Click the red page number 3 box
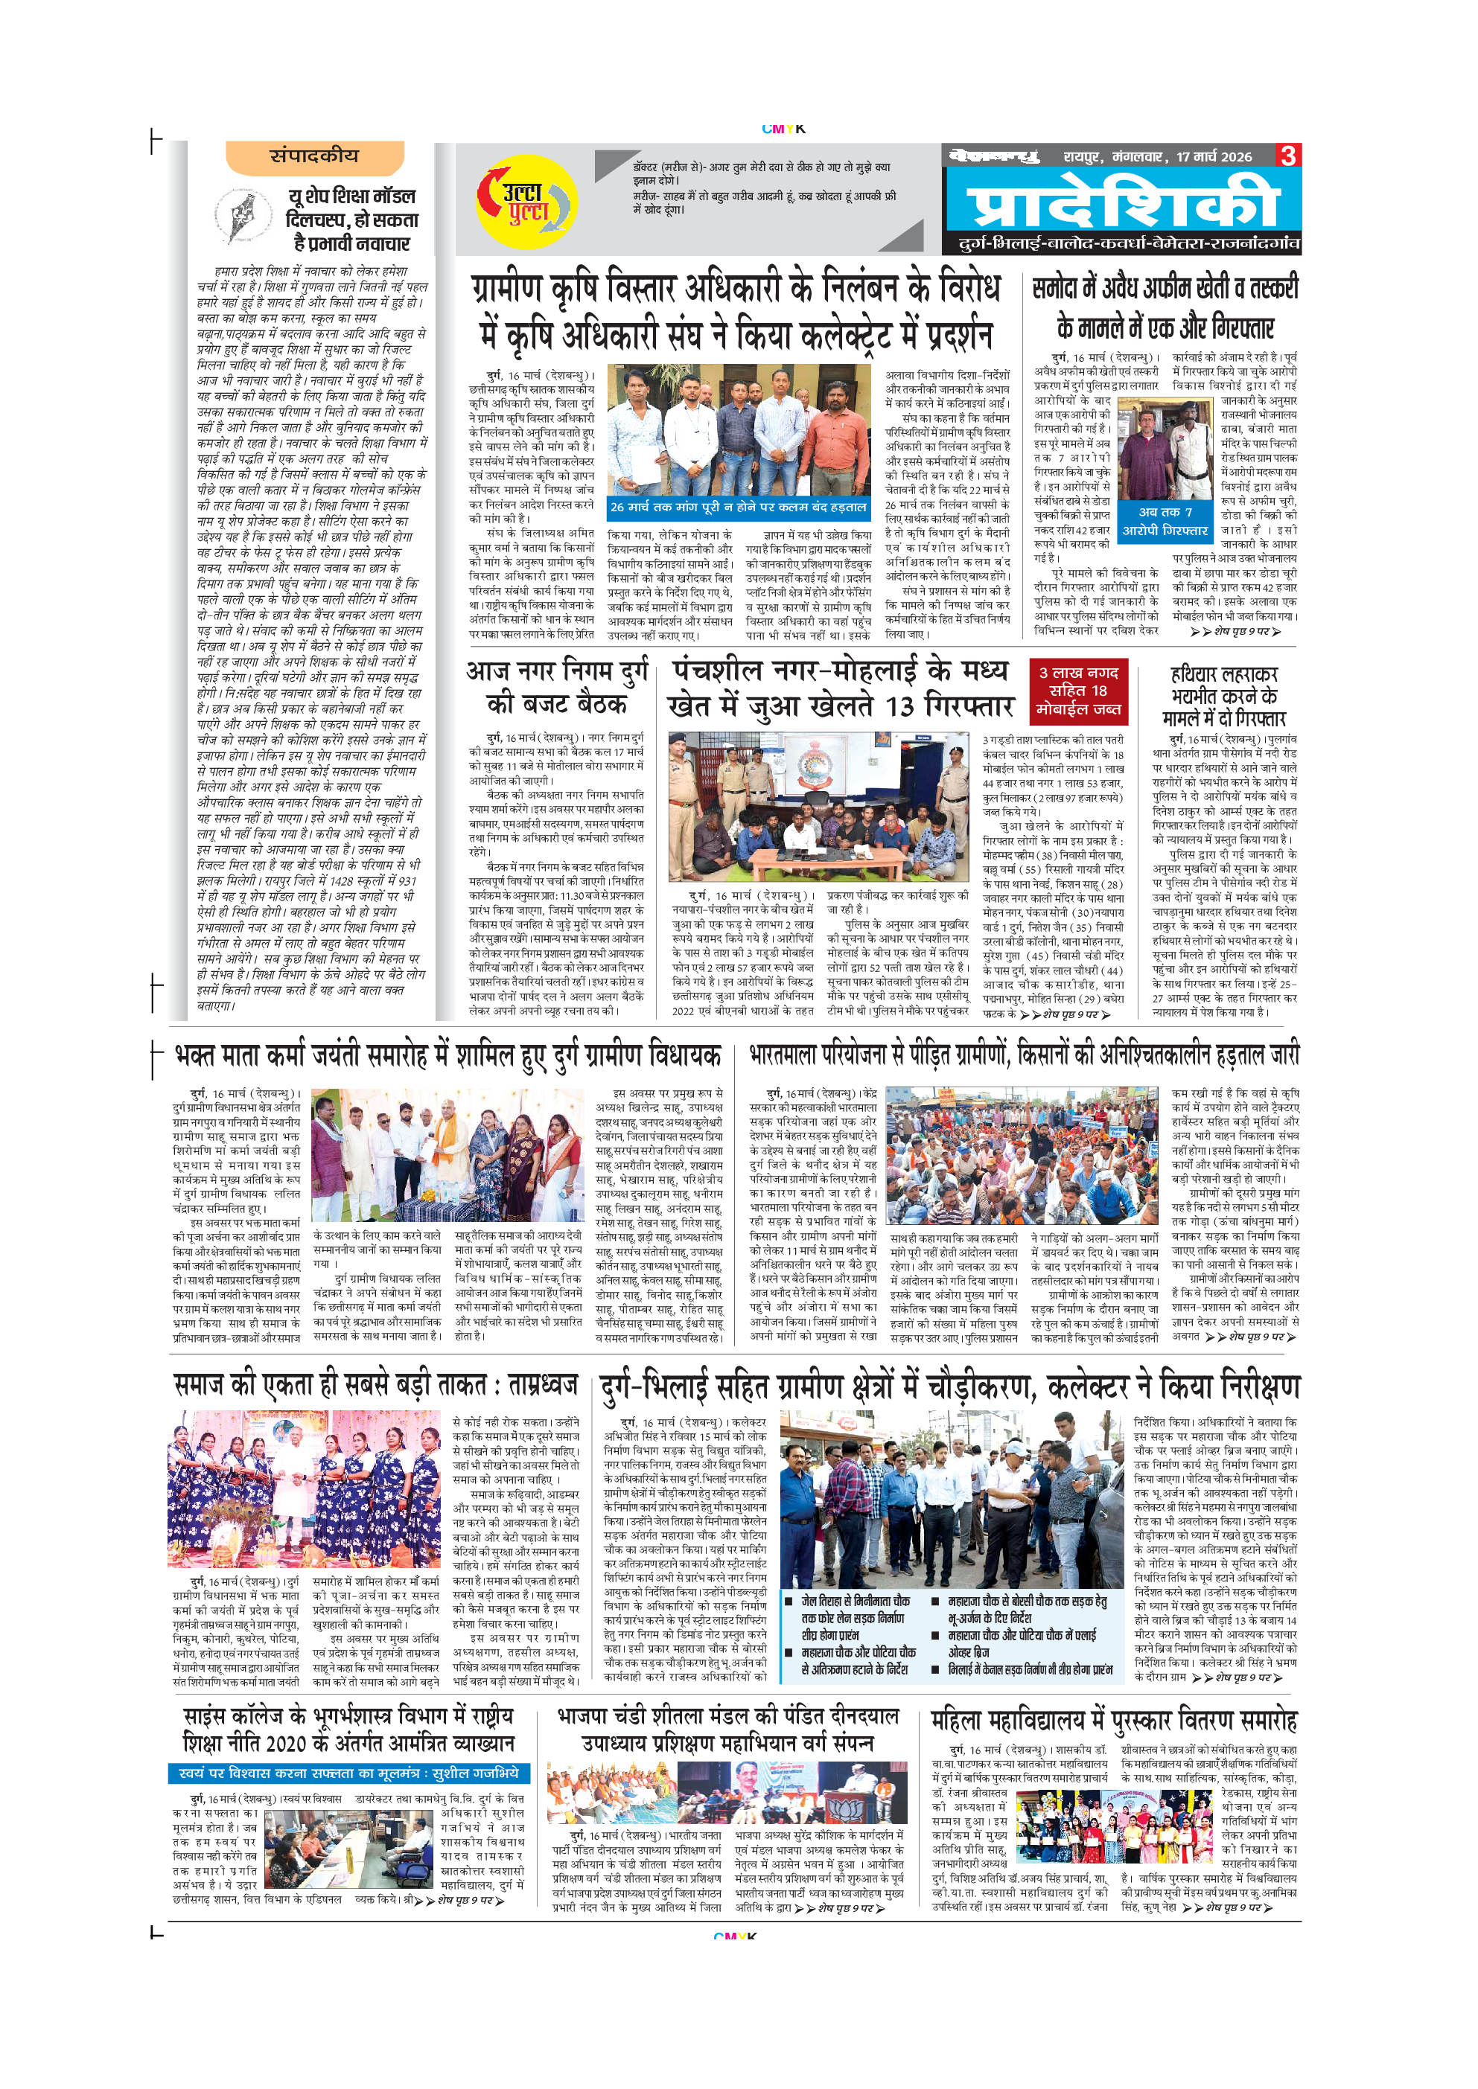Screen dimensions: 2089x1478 pos(1288,156)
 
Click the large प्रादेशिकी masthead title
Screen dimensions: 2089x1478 pos(1122,207)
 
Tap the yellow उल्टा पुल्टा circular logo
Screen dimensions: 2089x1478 pos(525,202)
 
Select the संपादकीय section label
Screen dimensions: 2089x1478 pos(314,156)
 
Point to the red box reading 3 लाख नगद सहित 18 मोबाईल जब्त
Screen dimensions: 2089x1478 pos(1078,691)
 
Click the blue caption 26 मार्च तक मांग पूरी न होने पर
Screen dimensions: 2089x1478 pos(738,507)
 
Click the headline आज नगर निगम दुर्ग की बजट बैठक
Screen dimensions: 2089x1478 pos(556,687)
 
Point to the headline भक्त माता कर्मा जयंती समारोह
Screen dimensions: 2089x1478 pos(447,1055)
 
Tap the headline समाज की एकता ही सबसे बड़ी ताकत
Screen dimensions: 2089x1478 pos(376,1386)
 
